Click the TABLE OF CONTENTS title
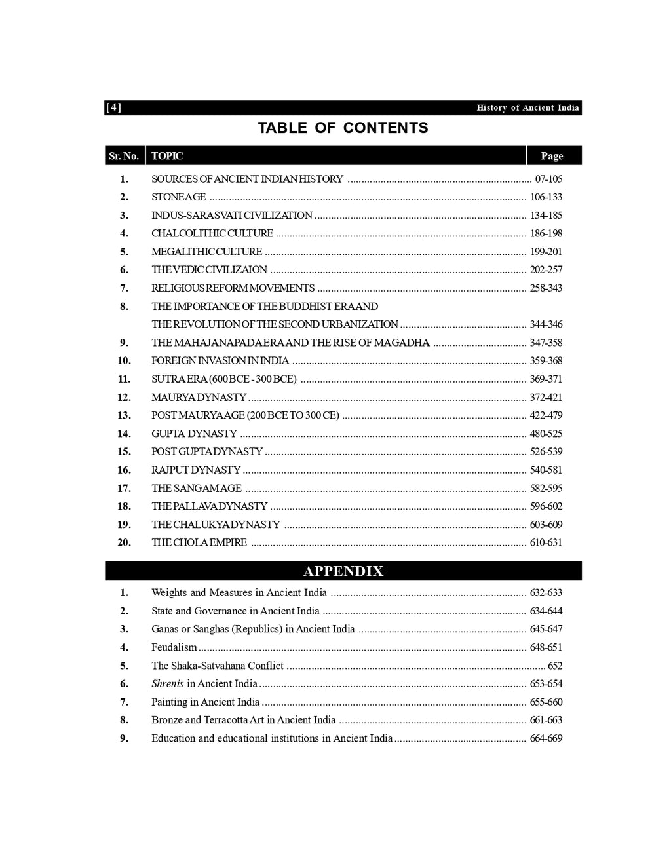(343, 128)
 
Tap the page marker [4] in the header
(113, 107)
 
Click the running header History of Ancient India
(527, 107)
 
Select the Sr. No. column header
(124, 156)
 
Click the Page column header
(552, 156)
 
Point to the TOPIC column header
(167, 156)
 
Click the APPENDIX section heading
(343, 571)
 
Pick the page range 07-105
(548, 179)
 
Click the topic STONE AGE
(178, 197)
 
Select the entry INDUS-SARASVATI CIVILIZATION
(232, 216)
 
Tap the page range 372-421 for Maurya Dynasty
(546, 398)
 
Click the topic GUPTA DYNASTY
(194, 434)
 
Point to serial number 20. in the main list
(125, 542)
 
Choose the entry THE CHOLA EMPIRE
(199, 542)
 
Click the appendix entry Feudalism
(174, 647)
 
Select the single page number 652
(555, 666)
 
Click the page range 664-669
(546, 738)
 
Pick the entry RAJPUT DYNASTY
(196, 470)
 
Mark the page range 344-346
(546, 324)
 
